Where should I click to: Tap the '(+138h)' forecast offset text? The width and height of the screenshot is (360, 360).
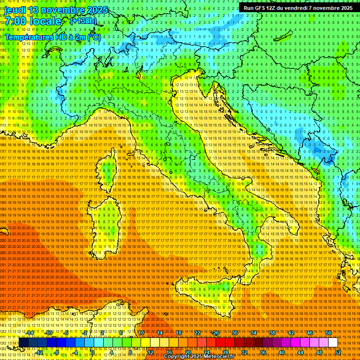pos(83,21)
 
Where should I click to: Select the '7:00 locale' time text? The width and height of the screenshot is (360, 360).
pos(33,22)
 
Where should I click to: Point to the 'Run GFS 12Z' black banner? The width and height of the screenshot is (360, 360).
pos(298,8)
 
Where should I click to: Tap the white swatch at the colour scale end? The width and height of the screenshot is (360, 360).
pos(333,343)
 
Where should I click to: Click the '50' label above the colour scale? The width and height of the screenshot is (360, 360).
pos(329,333)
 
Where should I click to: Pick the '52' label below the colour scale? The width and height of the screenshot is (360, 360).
pos(337,352)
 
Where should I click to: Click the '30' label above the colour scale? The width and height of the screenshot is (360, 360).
pos(234,333)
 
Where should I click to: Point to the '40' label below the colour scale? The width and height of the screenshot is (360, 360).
pos(281,352)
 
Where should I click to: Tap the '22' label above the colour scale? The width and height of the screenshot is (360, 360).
pos(197,333)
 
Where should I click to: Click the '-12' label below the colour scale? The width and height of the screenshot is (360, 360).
pos(39,352)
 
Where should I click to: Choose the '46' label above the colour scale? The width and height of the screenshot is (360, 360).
pos(310,333)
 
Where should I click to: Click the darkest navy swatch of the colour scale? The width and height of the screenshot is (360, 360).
pos(23,343)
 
